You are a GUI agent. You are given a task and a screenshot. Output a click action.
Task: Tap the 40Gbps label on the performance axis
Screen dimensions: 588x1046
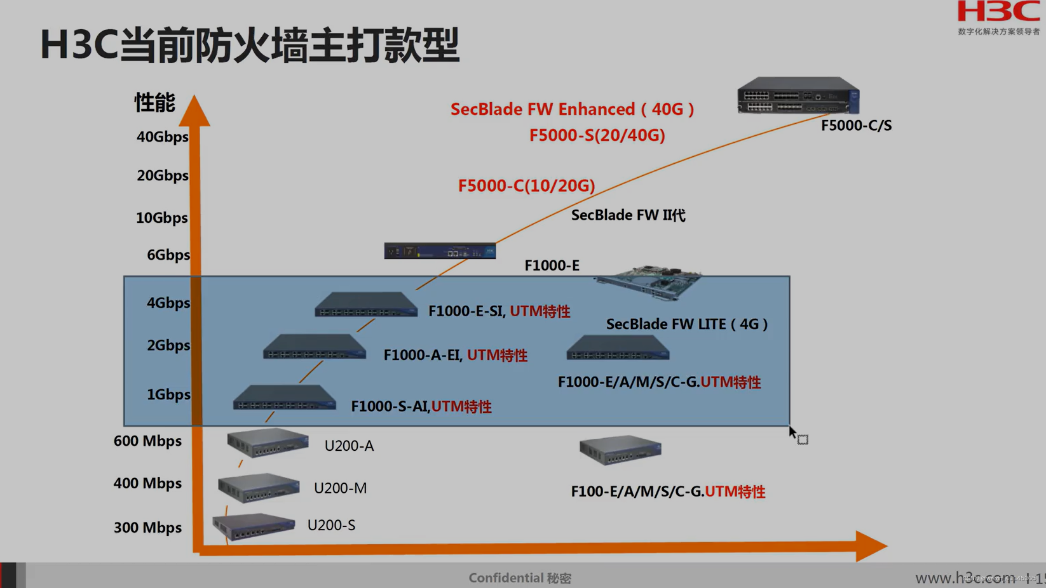click(163, 137)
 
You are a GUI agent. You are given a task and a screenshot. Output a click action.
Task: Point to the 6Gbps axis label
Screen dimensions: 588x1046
click(168, 255)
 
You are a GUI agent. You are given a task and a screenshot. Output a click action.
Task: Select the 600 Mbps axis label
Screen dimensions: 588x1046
click(147, 441)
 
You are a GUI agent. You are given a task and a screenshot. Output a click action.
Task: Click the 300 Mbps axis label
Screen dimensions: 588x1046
click(147, 528)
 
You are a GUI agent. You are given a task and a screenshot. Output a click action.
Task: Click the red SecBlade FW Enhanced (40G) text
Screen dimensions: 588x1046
click(572, 109)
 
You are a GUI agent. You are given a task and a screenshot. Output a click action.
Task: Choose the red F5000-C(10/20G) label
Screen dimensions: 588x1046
click(526, 185)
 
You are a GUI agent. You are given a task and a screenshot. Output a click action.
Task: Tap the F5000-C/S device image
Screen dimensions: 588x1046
click(798, 95)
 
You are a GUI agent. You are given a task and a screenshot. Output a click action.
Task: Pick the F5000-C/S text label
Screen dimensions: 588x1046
click(856, 126)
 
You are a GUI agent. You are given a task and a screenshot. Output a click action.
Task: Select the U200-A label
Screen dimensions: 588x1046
click(349, 446)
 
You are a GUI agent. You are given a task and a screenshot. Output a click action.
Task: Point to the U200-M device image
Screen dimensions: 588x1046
click(258, 488)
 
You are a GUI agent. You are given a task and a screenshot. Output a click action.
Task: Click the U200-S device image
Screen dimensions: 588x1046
click(254, 526)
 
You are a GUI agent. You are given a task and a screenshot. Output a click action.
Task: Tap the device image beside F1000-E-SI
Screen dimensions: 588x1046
click(366, 304)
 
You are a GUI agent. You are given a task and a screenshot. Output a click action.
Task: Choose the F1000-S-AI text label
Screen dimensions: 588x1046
click(390, 406)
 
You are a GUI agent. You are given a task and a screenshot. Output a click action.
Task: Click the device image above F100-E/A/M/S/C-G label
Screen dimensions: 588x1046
click(620, 450)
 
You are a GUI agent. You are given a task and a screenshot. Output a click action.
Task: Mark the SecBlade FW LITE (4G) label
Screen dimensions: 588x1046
click(687, 324)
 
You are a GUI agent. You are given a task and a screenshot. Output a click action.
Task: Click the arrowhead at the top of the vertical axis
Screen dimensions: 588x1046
click(194, 111)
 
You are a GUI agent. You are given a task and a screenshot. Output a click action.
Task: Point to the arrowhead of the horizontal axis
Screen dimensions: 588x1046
click(871, 546)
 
